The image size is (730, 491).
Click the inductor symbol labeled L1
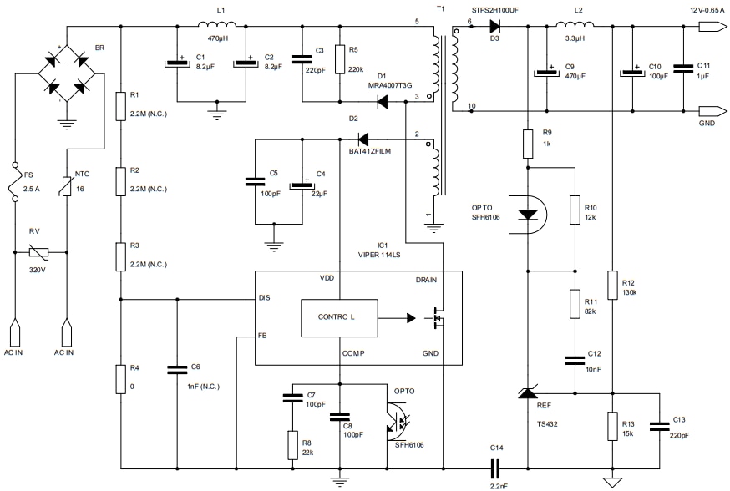tap(221, 24)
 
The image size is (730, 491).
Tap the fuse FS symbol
tap(14, 183)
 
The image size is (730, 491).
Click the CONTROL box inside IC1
tap(337, 317)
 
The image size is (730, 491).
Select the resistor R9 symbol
tap(527, 144)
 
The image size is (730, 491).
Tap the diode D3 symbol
tap(494, 26)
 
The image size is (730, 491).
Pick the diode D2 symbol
tap(363, 138)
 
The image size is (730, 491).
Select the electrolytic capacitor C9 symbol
tap(547, 72)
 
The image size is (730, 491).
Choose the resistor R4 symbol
tap(121, 379)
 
